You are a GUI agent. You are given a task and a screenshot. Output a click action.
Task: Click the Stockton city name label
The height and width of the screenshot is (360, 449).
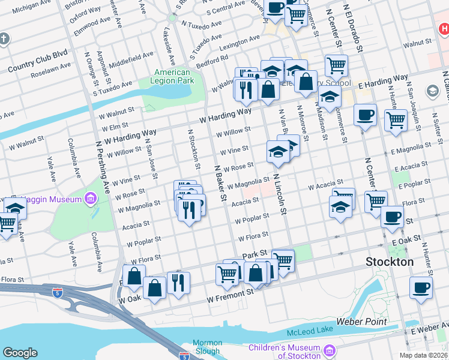[390, 262]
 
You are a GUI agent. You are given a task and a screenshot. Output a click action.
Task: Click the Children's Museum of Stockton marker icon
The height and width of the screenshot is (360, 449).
[328, 350]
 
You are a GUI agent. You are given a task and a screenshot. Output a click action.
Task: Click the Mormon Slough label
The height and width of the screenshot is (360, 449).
[208, 347]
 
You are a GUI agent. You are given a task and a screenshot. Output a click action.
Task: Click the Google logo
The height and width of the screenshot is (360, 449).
[20, 353]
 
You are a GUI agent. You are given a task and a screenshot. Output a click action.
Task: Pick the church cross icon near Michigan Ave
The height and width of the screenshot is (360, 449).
[4, 40]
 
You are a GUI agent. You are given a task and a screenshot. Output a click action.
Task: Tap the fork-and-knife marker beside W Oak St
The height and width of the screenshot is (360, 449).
[178, 282]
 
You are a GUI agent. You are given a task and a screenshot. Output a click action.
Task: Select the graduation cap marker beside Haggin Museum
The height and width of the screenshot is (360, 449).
[15, 209]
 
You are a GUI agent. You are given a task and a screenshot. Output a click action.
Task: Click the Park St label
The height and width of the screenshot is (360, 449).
[254, 256]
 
